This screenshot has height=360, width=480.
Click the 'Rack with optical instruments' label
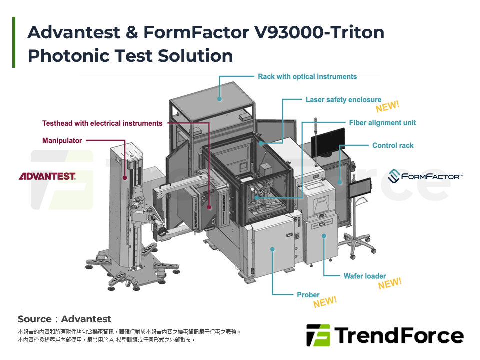point(307,77)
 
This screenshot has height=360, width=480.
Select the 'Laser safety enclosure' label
point(343,100)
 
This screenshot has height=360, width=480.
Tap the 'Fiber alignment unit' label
point(382,123)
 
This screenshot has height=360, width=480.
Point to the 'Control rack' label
point(393,146)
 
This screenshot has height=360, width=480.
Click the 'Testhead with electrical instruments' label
point(102,123)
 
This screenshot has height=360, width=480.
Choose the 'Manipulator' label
point(62,141)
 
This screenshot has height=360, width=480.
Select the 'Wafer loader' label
point(365,276)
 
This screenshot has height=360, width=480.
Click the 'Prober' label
point(308,295)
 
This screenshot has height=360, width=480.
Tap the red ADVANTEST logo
point(47,176)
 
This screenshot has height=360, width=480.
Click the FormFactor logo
point(425,176)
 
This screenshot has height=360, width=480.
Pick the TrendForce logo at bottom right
point(385,335)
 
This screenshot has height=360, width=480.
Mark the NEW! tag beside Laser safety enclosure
point(388,107)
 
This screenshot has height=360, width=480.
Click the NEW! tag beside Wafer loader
point(390,284)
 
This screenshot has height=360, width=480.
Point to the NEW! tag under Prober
point(325,302)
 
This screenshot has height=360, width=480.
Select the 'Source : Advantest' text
point(64,319)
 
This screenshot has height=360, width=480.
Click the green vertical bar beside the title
point(14,42)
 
